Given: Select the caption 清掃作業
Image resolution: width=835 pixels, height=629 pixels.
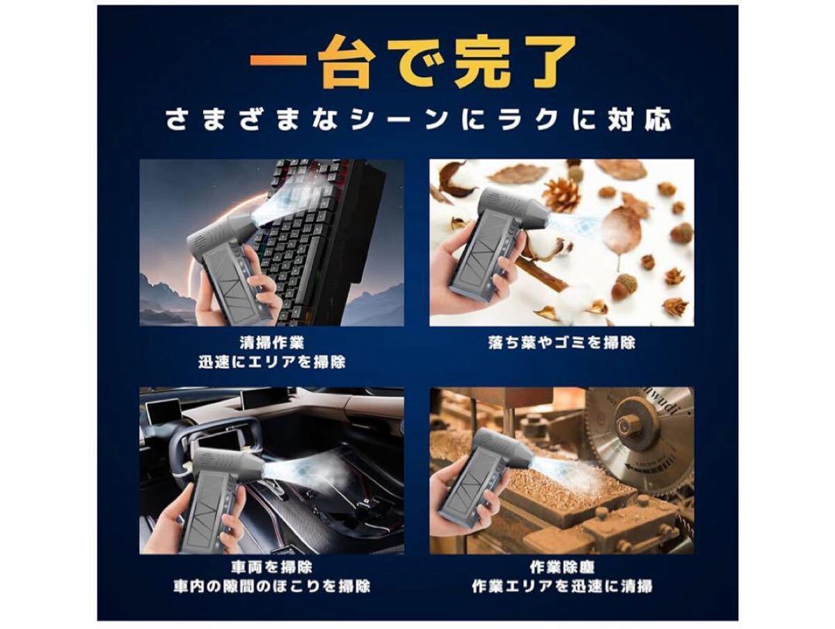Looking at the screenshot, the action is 271,342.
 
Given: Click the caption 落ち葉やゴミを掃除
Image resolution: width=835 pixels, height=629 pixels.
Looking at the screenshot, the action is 562,342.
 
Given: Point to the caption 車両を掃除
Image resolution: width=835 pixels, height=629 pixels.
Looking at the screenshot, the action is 271,567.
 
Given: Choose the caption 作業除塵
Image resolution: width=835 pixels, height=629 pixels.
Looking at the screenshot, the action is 562,567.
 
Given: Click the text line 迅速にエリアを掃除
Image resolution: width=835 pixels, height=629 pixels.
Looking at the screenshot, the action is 271,363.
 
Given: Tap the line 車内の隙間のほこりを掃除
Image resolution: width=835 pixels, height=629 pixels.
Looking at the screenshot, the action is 271,587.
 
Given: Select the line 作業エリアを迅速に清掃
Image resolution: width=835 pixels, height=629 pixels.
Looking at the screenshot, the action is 562,587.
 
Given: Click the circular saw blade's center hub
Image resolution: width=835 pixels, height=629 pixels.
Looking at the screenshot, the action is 630,425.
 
